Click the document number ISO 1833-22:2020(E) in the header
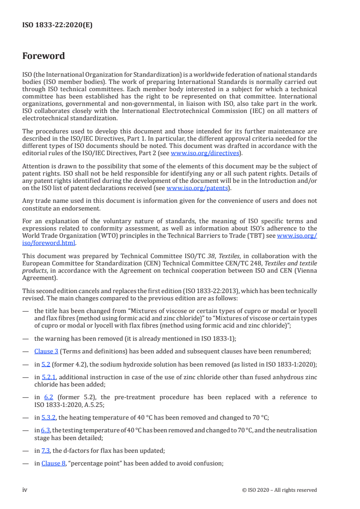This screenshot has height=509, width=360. point(57,25)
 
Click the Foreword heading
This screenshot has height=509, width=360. point(44,56)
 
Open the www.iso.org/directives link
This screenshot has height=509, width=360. point(205,153)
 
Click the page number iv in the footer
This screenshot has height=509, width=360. point(25,490)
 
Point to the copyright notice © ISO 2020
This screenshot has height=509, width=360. point(280,490)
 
